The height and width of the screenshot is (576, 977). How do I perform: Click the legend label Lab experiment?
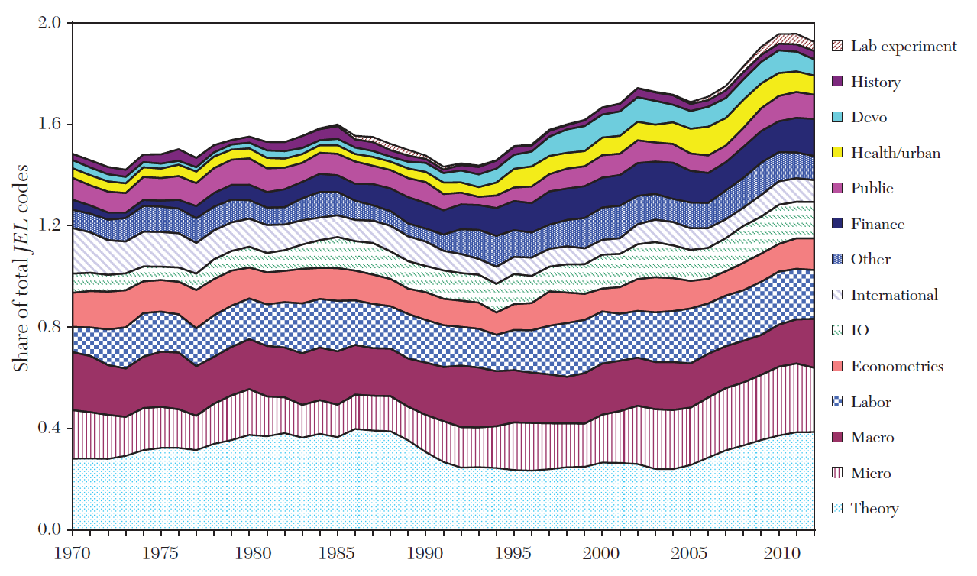(904, 47)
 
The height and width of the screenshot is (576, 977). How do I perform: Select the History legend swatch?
(836, 82)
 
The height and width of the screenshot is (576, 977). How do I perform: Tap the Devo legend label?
(869, 118)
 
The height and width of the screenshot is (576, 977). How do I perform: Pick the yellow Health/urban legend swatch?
(836, 153)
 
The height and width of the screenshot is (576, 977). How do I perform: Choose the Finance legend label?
(878, 224)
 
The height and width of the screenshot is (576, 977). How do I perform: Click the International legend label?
(895, 295)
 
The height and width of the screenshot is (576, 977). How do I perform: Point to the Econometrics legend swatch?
(836, 366)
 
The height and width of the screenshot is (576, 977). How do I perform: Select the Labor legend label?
(871, 402)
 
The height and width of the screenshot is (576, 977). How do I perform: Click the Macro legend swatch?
(836, 437)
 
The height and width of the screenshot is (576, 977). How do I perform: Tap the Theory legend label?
(874, 508)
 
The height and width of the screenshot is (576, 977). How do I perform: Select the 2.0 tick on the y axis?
(49, 23)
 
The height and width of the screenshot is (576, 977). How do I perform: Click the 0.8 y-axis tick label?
(49, 327)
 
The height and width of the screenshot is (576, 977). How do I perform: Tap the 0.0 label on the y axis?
(49, 529)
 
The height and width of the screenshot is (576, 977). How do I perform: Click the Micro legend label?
(871, 473)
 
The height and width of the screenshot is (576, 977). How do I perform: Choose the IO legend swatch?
(836, 331)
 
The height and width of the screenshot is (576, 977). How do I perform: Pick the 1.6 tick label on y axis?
(49, 125)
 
